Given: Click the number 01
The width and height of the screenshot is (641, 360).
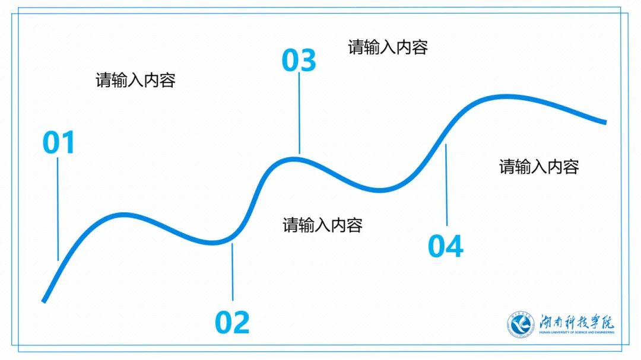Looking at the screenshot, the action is (x=59, y=143).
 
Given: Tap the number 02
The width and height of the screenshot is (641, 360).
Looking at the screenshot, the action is (x=232, y=322).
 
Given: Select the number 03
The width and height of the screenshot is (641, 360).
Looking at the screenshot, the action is (x=299, y=60).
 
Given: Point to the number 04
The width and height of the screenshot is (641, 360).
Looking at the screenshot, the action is (x=445, y=246).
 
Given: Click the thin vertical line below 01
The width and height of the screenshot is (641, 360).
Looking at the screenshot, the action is (x=58, y=208).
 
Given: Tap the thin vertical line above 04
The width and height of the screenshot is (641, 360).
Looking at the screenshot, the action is (x=446, y=184).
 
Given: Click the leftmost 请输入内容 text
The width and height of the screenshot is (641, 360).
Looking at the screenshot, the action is (x=135, y=80).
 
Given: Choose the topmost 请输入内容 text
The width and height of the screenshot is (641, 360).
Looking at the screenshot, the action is (x=388, y=47).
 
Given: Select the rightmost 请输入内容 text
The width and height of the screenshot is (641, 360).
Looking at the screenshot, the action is (x=539, y=167).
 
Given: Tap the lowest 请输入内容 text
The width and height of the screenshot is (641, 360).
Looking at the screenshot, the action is (x=322, y=225).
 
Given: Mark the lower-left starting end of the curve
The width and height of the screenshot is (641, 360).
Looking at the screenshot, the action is (x=44, y=300).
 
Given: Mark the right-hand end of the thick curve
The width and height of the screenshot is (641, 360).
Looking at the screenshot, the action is (x=605, y=122).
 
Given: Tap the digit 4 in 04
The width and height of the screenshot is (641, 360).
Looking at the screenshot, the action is (x=455, y=246).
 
